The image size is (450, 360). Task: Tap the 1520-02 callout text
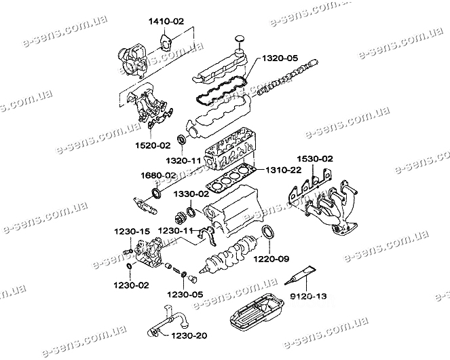point(155,145)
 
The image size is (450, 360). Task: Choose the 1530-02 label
point(314,158)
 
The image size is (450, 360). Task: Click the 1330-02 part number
point(189,194)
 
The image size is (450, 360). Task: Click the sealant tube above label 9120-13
point(299,276)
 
